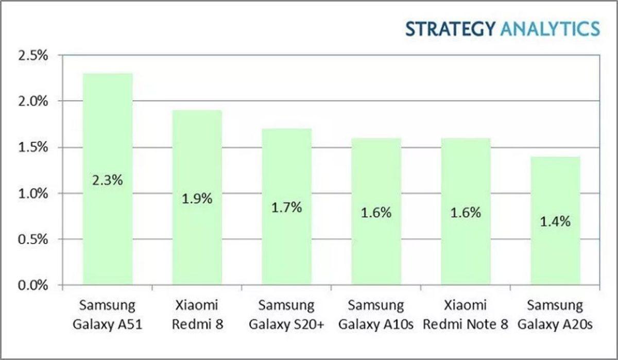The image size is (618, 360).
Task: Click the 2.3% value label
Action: click(x=108, y=181)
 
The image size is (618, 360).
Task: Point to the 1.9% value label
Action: click(x=197, y=198)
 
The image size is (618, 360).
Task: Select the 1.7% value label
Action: click(x=286, y=208)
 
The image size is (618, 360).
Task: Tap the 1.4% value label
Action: click(x=555, y=221)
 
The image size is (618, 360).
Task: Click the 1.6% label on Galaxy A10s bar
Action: click(x=376, y=212)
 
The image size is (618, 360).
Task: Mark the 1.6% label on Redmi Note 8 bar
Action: click(x=466, y=212)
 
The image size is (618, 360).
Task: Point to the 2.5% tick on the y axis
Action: click(x=32, y=56)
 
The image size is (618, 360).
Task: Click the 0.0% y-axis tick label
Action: click(x=32, y=285)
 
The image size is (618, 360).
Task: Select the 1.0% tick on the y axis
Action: click(x=32, y=193)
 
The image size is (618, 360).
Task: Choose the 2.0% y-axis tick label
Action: click(x=32, y=101)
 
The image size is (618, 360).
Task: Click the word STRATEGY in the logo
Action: click(x=450, y=29)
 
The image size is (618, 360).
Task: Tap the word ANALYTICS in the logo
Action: click(x=550, y=29)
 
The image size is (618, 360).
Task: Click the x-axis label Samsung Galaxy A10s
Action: click(x=376, y=315)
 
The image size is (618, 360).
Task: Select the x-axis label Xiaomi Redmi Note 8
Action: click(x=466, y=315)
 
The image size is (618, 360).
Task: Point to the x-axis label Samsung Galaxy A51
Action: click(x=108, y=315)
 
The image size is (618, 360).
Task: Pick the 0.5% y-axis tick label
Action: click(x=32, y=239)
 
